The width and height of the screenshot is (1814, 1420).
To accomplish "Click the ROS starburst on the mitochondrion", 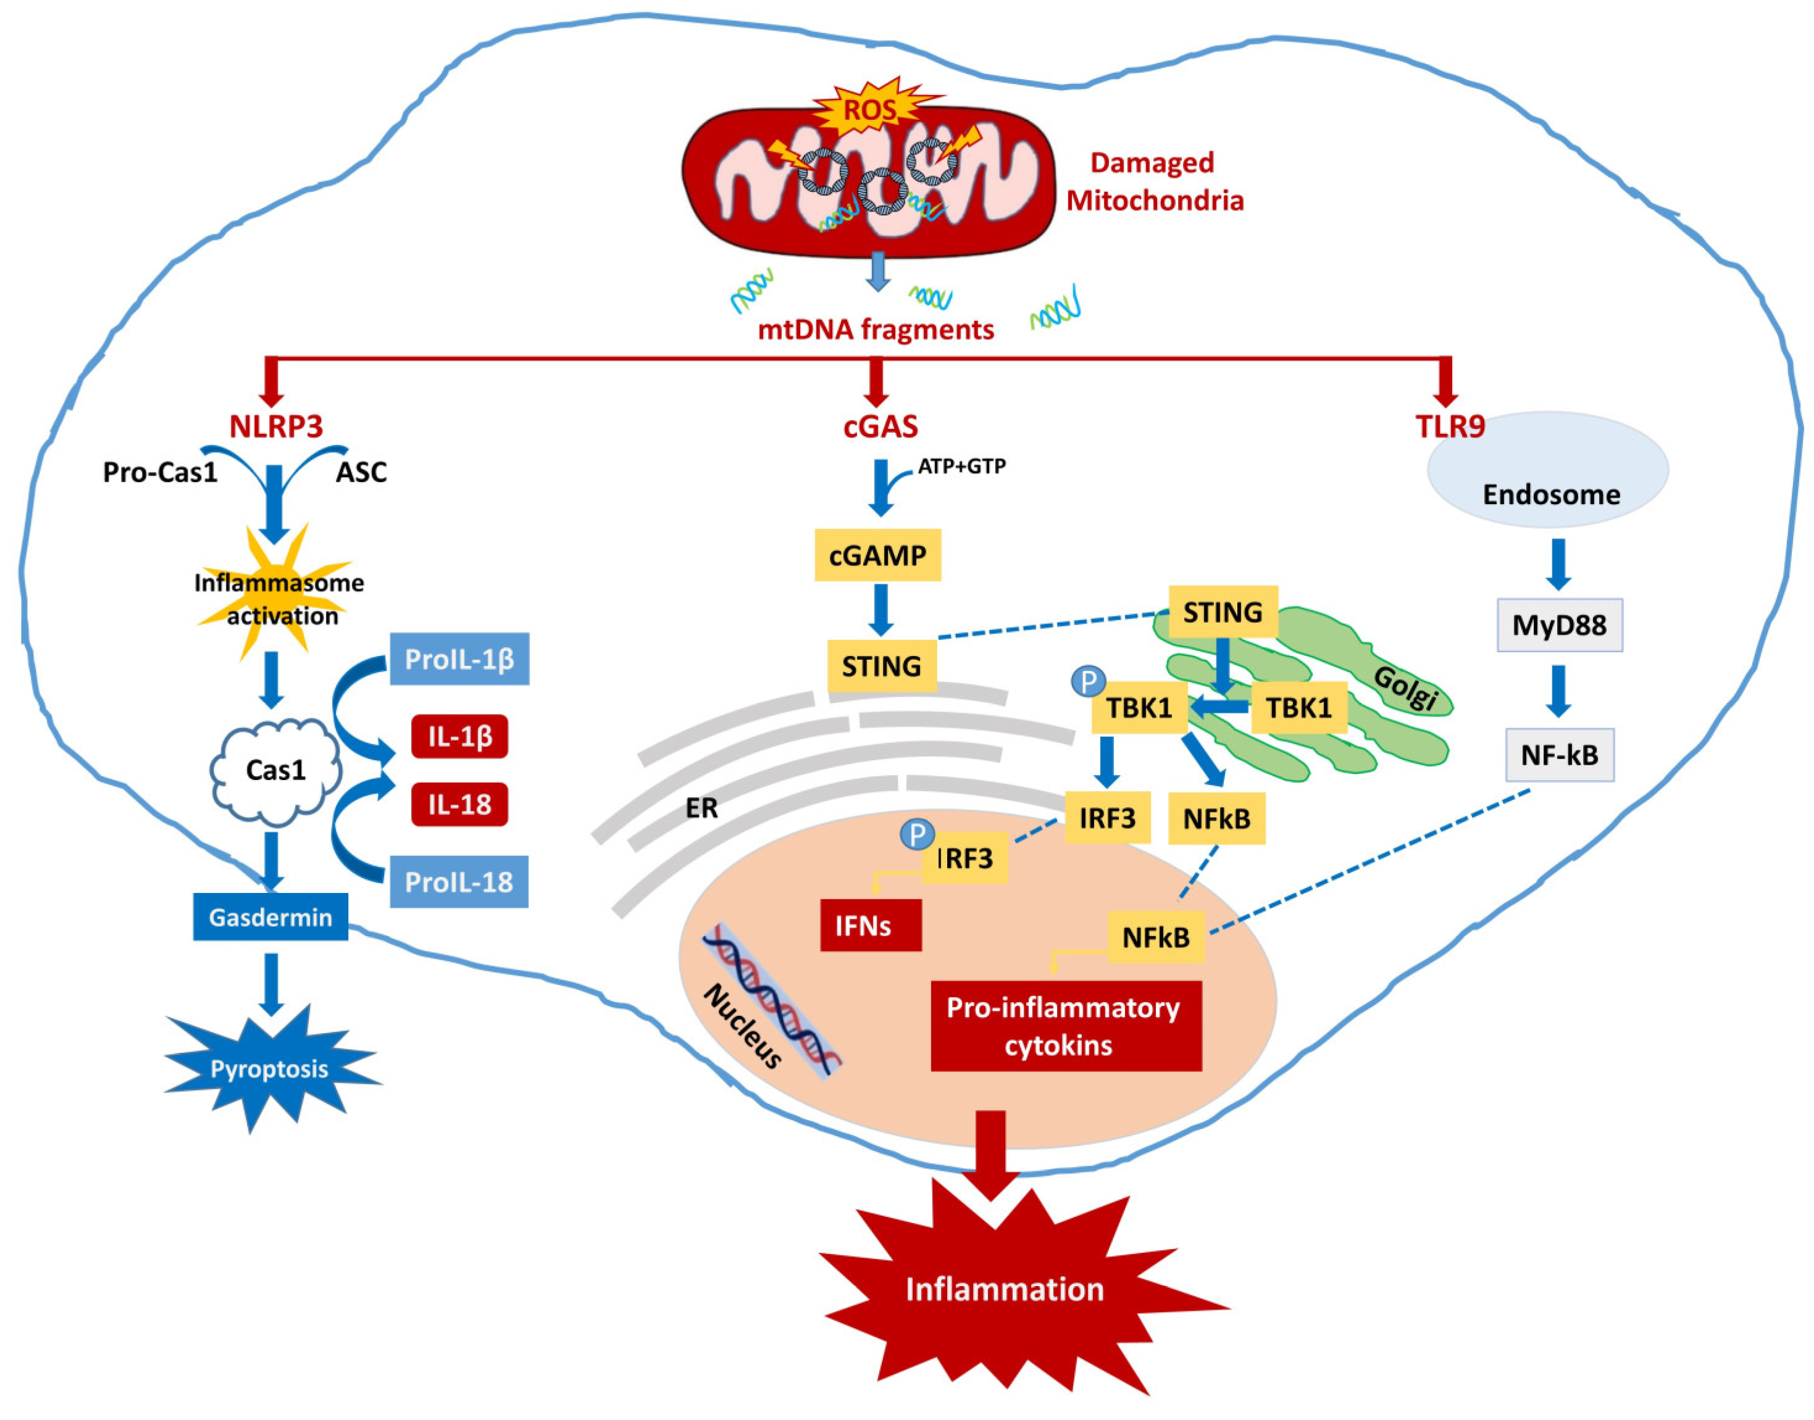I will [x=870, y=109].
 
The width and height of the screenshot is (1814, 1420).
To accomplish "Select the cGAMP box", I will [x=877, y=555].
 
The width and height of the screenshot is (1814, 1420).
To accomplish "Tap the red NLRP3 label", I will [x=275, y=426].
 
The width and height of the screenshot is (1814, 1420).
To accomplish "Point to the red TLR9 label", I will [x=1450, y=426].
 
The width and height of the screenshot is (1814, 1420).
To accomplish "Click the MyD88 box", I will [x=1558, y=625].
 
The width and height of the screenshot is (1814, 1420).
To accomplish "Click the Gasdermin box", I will [x=270, y=917].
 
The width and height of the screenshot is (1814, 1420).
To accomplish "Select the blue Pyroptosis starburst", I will [x=269, y=1068].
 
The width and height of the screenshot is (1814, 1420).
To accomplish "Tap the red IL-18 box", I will [x=459, y=804].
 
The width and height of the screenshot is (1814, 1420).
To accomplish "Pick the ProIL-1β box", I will [x=459, y=658].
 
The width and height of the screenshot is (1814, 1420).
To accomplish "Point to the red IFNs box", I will [x=870, y=924].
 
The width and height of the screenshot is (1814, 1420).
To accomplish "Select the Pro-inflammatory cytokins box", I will [x=1066, y=1026].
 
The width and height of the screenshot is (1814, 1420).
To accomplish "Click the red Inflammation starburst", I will [x=1005, y=1289].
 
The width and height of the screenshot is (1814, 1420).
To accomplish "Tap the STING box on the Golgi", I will [x=1223, y=612].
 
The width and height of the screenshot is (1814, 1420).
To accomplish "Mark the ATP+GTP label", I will [x=961, y=467].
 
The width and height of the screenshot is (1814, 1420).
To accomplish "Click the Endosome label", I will [x=1551, y=495].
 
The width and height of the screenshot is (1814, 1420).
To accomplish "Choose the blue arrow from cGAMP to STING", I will [x=880, y=609].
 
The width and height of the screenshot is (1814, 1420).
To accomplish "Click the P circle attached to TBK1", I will [x=1087, y=681].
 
